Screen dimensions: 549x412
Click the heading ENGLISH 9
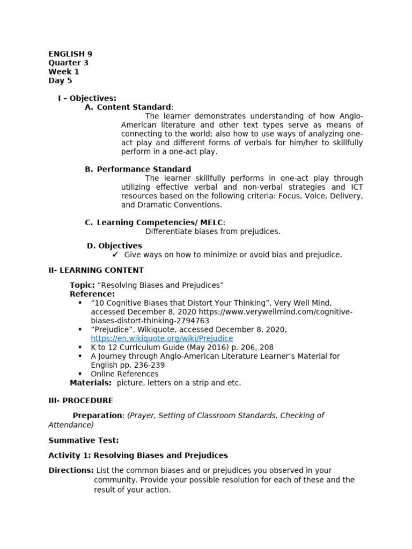click(70, 54)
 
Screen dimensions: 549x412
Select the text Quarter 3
click(68, 63)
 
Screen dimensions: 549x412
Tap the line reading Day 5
click(60, 81)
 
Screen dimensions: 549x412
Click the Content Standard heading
click(134, 107)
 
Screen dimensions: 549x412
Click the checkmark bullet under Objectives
click(115, 255)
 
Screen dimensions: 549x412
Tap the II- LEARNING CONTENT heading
click(96, 270)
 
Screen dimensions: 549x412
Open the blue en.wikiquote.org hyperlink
click(161, 339)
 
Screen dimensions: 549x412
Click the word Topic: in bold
click(82, 285)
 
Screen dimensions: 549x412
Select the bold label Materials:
click(91, 383)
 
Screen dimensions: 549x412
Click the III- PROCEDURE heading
click(80, 400)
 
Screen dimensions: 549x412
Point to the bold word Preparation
click(98, 416)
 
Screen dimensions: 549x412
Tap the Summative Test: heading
click(83, 440)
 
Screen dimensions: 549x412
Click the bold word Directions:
click(71, 470)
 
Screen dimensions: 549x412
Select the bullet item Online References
click(124, 374)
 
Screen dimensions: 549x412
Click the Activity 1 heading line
click(138, 455)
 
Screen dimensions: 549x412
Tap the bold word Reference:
click(92, 294)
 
